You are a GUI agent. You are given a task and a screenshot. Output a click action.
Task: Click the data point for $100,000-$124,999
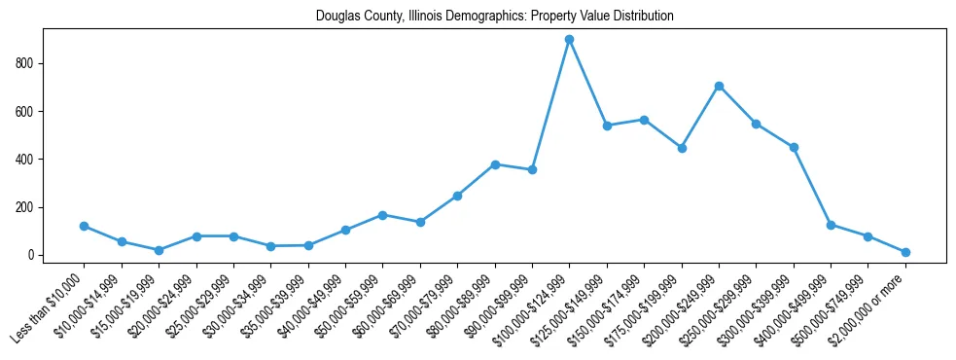coord(569,39)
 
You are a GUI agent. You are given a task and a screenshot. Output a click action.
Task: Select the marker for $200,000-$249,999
coord(719,86)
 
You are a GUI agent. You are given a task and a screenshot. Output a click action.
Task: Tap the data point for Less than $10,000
coord(84,226)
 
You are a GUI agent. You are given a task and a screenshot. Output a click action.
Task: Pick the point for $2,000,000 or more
coord(905,252)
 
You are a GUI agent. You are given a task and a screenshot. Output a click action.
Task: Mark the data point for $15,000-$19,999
coord(159,250)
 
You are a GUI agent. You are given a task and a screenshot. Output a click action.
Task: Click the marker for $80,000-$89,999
coord(495,164)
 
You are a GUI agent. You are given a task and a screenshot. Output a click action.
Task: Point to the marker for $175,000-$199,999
coord(682,148)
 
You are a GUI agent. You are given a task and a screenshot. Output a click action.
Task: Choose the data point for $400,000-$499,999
coord(831,225)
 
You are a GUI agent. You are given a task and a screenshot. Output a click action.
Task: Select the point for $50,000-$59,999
coord(383,215)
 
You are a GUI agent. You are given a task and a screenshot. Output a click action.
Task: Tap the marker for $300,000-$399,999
coord(794,147)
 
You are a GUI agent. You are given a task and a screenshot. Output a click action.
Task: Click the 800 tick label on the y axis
coord(25,63)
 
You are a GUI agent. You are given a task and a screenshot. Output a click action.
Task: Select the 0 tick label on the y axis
coord(31,255)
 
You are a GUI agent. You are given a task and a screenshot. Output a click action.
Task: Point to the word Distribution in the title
coord(643,17)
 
